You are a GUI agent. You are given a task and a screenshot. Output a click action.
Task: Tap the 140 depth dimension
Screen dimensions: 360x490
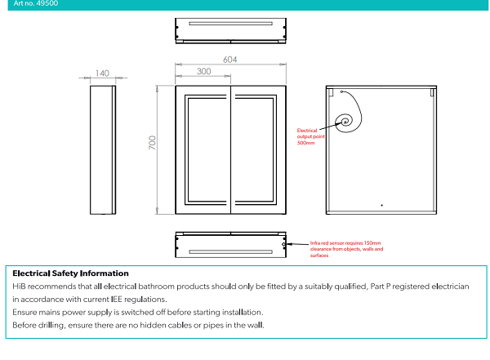click(x=102, y=73)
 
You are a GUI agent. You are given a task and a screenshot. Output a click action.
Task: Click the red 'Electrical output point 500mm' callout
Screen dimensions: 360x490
click(x=310, y=136)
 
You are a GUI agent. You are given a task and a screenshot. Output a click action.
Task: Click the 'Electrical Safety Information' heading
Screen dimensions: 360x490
click(x=70, y=273)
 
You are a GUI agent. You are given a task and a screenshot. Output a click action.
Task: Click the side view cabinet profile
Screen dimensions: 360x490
click(x=102, y=149)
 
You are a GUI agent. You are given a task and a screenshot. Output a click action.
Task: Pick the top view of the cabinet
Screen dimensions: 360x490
click(x=231, y=30)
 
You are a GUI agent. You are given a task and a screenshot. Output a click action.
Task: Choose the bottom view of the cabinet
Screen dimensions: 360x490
click(x=231, y=244)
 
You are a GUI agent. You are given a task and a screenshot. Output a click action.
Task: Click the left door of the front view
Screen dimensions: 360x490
click(x=203, y=149)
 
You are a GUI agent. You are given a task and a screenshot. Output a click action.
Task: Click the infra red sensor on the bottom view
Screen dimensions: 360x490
click(x=284, y=243)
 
